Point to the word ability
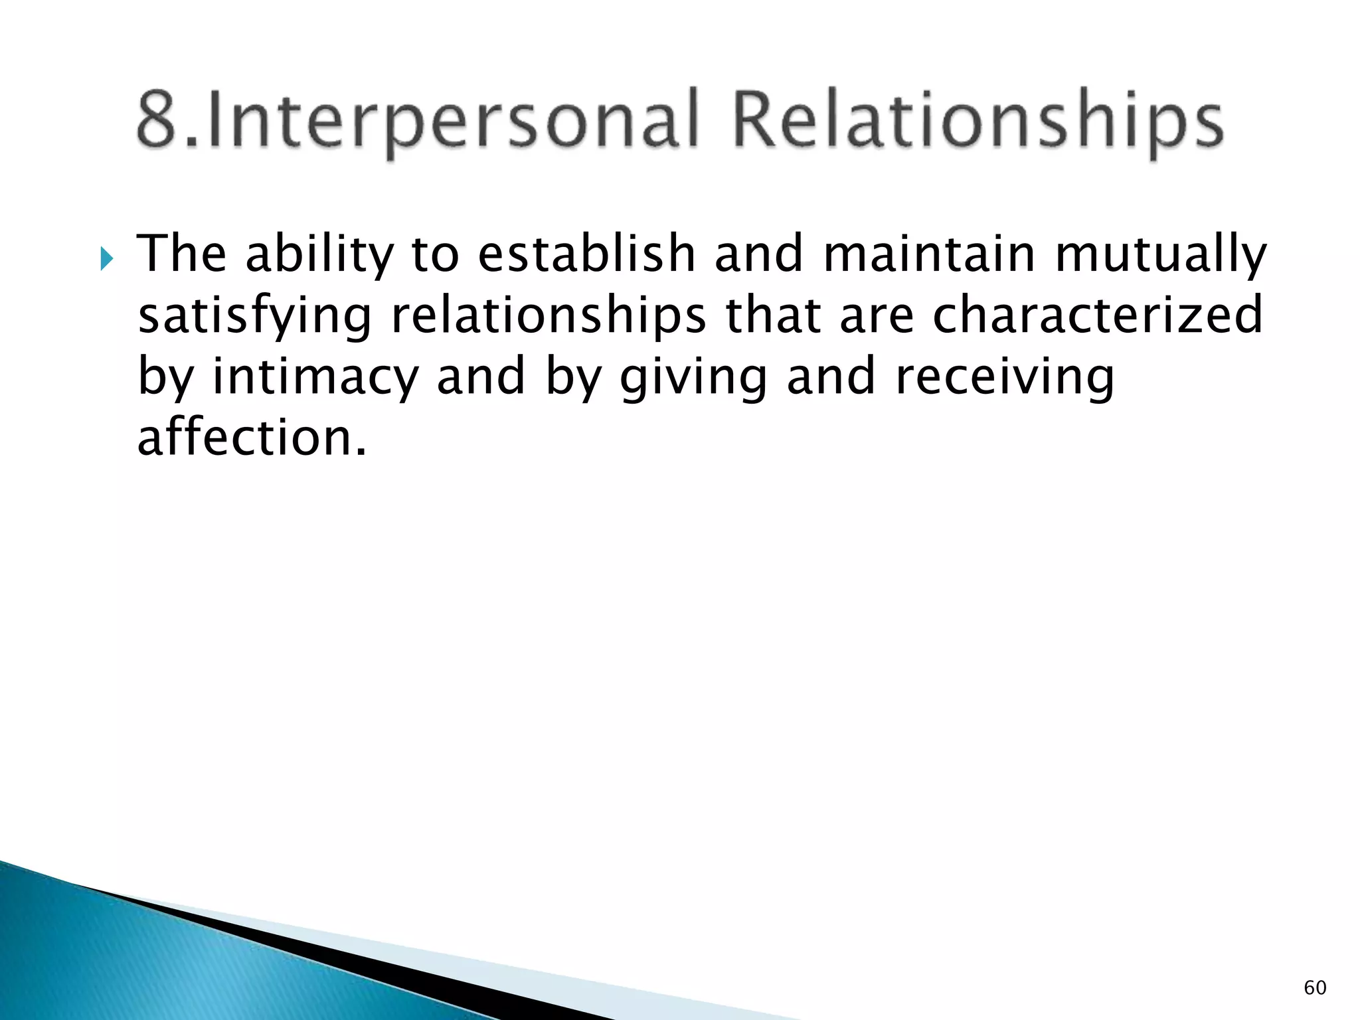click(319, 256)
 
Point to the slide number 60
click(1315, 987)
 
